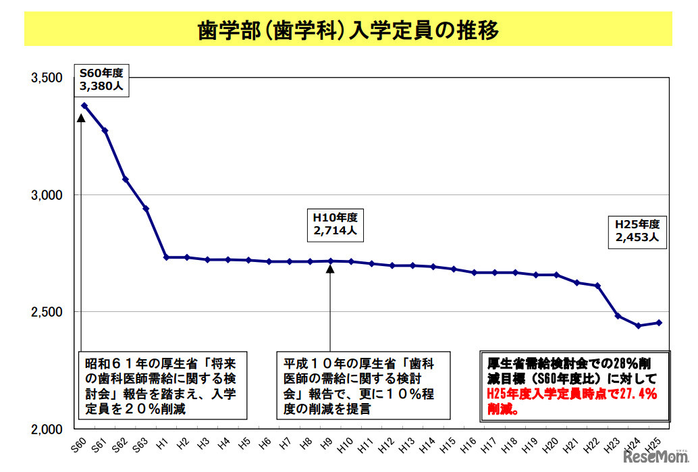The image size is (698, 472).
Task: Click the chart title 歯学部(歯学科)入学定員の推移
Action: pos(348,31)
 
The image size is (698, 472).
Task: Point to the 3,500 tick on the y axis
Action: pos(48,78)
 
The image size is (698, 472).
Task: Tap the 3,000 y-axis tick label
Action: pos(48,195)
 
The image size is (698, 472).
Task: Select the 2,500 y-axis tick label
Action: pos(48,312)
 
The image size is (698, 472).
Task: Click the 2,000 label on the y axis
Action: pos(48,429)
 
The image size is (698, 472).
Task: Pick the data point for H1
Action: pos(167,257)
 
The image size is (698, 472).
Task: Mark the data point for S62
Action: pos(126,180)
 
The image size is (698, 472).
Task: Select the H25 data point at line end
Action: pos(659,323)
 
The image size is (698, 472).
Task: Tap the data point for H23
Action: pos(618,316)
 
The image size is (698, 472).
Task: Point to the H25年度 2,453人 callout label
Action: pos(637,230)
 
